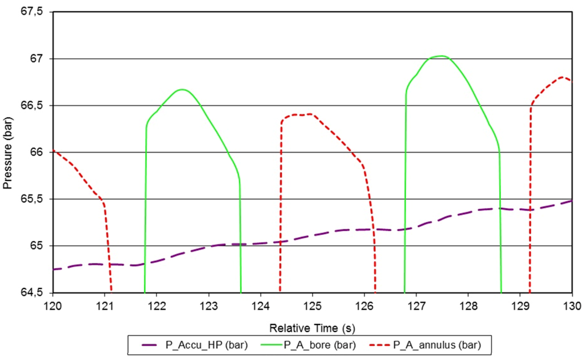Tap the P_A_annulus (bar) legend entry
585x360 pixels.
(435, 345)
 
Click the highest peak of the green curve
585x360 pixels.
(440, 56)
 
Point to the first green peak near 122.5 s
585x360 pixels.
(182, 89)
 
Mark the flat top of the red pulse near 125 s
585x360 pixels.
(301, 114)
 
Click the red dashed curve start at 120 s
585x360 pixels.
(53, 150)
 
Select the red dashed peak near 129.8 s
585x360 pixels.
(563, 77)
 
